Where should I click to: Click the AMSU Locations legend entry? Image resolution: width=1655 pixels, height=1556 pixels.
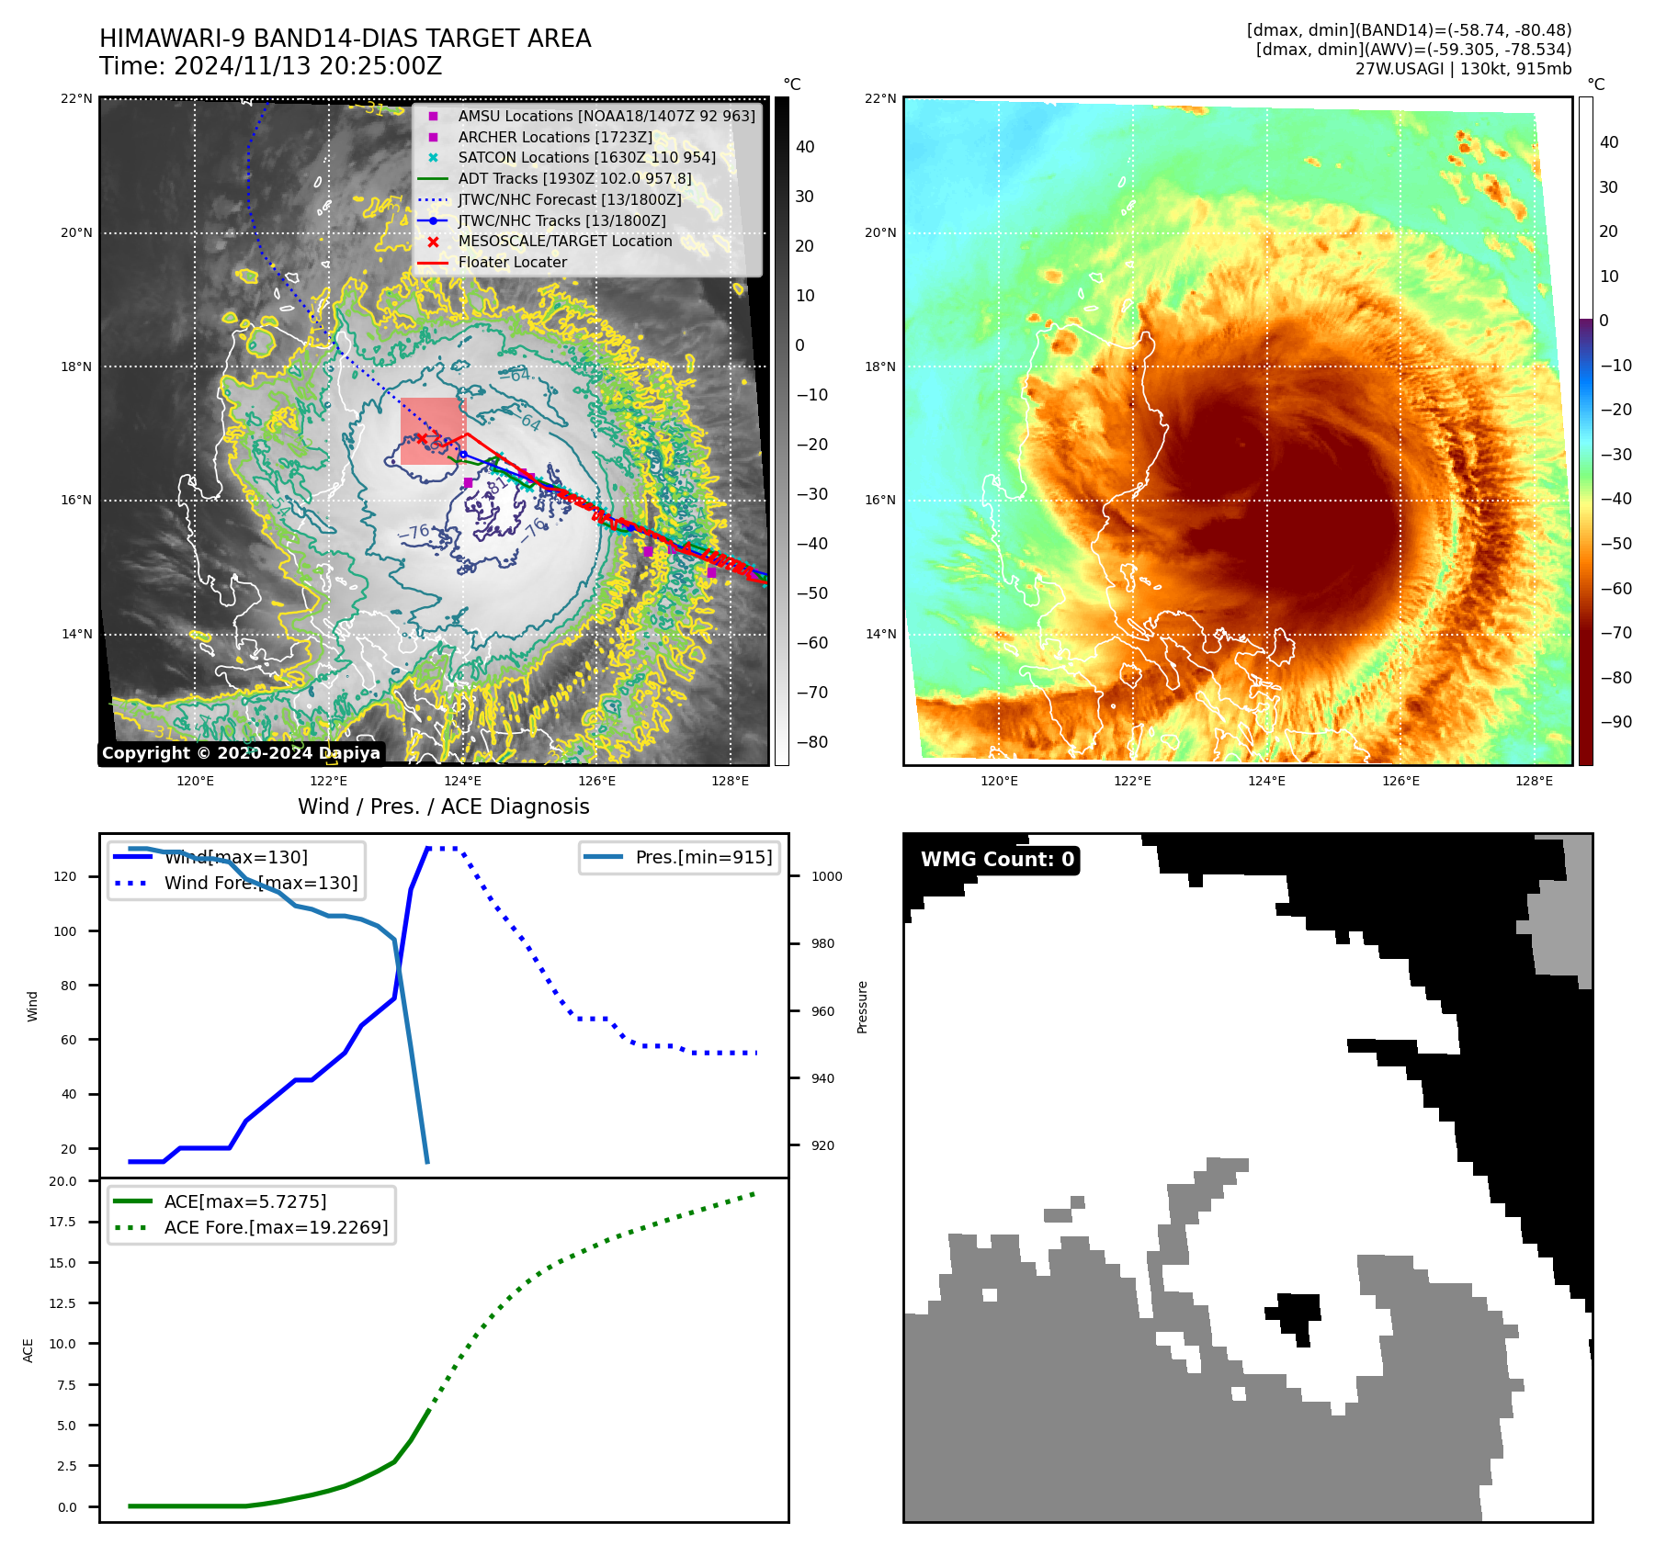click(x=606, y=116)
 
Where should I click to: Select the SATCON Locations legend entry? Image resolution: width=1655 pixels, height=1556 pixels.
click(x=586, y=158)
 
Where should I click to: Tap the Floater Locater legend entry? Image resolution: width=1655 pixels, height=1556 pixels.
click(x=513, y=263)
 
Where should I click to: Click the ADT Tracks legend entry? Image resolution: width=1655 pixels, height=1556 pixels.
click(x=574, y=179)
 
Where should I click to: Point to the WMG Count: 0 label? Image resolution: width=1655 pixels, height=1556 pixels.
click(x=997, y=860)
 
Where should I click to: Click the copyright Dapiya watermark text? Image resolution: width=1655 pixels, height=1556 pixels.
click(x=241, y=753)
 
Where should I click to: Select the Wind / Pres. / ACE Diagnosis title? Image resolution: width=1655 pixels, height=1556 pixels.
click(x=444, y=806)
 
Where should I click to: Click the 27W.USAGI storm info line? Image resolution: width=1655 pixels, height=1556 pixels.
click(x=1463, y=69)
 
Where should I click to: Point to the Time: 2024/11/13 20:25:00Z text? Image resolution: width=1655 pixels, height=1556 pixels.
click(x=271, y=67)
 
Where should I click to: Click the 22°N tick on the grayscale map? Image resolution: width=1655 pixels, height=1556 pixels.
click(x=77, y=99)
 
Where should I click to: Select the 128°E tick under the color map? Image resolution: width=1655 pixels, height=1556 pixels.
click(x=1534, y=782)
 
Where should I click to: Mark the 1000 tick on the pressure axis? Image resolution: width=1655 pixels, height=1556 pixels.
click(x=826, y=877)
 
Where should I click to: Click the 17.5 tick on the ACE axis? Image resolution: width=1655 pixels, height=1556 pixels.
click(x=63, y=1223)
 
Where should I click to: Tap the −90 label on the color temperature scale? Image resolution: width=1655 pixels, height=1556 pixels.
click(x=1615, y=722)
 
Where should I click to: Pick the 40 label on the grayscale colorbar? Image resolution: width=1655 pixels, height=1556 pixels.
click(x=805, y=147)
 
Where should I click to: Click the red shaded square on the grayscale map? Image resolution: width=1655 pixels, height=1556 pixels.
click(x=433, y=431)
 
